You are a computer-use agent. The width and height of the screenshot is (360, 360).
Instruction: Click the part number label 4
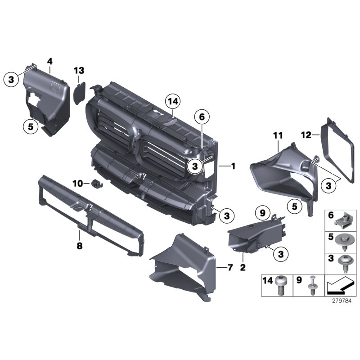(x=50, y=61)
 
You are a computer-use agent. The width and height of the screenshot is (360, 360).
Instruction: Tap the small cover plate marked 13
(x=80, y=92)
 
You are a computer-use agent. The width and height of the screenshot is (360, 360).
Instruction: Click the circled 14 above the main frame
(x=173, y=102)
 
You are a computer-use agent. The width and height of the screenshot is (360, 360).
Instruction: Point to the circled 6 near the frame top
(x=202, y=117)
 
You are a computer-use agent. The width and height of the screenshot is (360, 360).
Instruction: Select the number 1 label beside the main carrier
(x=233, y=166)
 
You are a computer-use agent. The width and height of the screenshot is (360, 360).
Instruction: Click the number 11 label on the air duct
(x=278, y=135)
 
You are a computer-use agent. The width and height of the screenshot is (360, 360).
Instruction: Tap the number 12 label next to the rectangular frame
(x=306, y=135)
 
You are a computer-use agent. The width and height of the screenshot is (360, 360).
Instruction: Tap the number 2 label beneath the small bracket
(x=243, y=268)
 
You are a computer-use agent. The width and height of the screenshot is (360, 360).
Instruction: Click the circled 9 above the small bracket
(x=262, y=212)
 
